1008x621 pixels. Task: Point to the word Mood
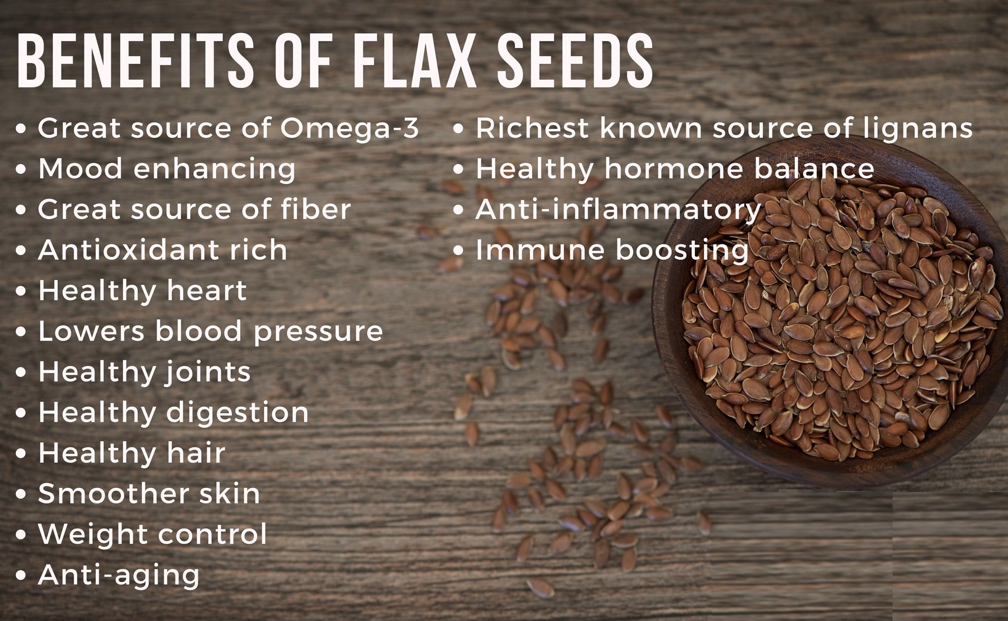pos(80,169)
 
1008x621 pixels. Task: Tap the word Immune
pos(540,250)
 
